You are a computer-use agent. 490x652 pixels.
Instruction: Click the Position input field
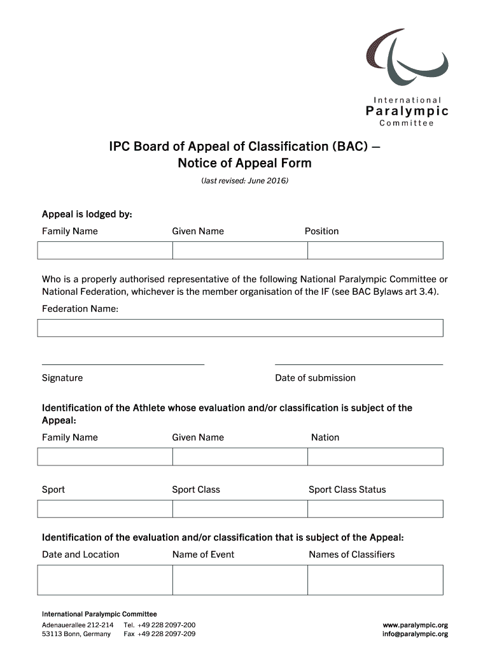(375, 250)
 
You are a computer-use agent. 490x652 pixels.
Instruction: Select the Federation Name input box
(240, 328)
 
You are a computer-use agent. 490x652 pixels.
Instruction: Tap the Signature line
(123, 364)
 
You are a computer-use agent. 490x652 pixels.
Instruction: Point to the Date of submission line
(358, 364)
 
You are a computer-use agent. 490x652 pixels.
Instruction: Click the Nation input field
(375, 457)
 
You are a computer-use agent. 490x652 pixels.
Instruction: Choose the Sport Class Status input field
(375, 509)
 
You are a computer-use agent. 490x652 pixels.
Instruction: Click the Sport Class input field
(240, 509)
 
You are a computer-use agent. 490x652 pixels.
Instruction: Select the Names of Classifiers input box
(375, 579)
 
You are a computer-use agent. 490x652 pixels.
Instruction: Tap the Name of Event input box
(240, 579)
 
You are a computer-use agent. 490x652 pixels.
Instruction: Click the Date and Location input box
(105, 579)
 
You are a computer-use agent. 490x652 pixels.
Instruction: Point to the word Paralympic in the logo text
(407, 111)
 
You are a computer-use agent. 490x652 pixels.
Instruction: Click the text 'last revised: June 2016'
(245, 181)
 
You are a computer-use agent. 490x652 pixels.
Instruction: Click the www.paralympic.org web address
(415, 625)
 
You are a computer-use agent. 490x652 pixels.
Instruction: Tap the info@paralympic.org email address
(415, 634)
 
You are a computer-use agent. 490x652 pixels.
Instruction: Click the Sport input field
(105, 509)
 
